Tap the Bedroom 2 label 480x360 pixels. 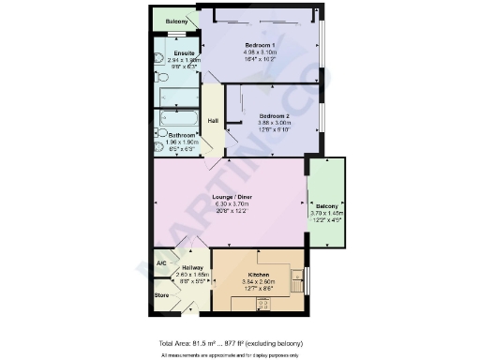point(273,116)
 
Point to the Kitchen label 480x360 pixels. point(230,273)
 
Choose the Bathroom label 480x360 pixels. point(182,135)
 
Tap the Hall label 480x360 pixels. point(213,120)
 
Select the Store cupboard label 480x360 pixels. point(161,295)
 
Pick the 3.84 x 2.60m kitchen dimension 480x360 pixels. point(230,280)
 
